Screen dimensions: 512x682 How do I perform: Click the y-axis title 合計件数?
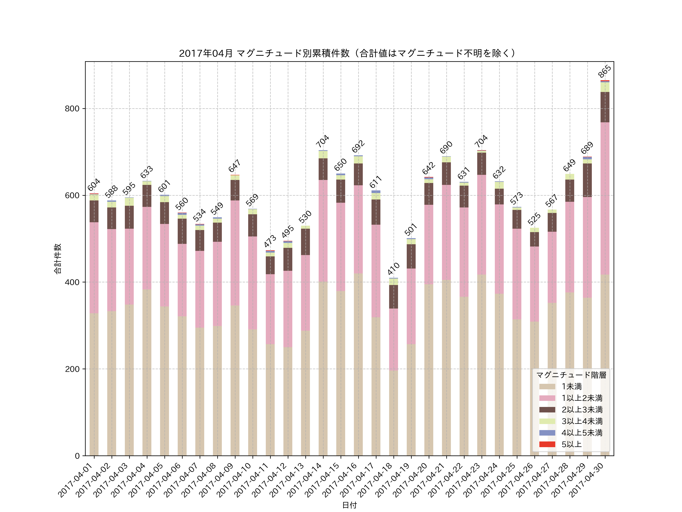click(x=58, y=259)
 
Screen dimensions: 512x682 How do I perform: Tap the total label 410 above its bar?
click(x=393, y=269)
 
